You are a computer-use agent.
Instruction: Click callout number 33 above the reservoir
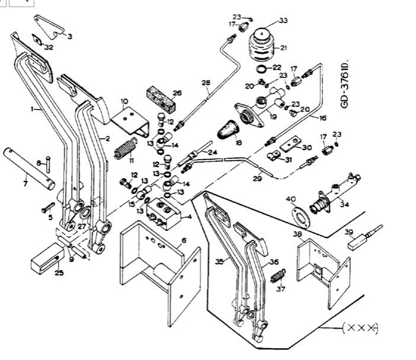coord(283,21)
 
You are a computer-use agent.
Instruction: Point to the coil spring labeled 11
coord(121,148)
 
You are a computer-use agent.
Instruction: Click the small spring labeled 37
coord(278,276)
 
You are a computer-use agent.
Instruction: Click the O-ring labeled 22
coord(261,70)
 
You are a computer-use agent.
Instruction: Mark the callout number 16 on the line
coord(322,118)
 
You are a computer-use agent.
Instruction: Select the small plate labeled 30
coord(290,143)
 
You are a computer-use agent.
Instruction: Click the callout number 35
coord(219,260)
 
